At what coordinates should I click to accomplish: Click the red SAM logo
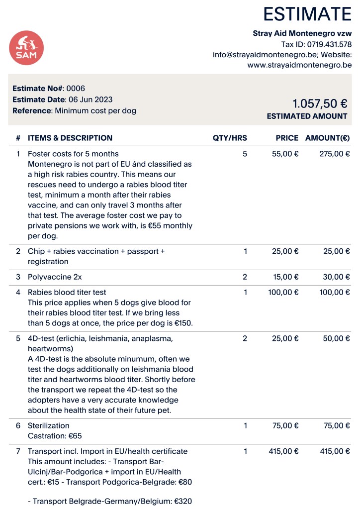coord(26,48)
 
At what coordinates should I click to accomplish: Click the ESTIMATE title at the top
coord(307,14)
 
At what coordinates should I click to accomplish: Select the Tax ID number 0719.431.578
coord(326,44)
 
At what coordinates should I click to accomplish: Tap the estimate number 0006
coord(76,89)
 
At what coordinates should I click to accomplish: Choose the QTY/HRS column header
coord(230,138)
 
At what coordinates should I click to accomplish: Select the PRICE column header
coord(287,138)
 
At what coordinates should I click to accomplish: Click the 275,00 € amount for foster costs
coord(334,154)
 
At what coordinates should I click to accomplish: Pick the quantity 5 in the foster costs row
coord(245,154)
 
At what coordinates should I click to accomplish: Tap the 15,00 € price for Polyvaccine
coord(285,277)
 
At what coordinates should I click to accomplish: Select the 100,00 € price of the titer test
coord(283,292)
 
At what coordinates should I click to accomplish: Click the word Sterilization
coord(49,425)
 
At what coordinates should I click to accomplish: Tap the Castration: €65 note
coord(55,436)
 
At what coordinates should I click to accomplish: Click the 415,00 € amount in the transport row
coord(334,451)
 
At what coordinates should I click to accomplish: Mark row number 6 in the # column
coord(18,425)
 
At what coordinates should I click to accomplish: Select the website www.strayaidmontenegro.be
coord(299,65)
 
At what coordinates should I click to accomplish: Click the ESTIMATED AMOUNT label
coord(307,116)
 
